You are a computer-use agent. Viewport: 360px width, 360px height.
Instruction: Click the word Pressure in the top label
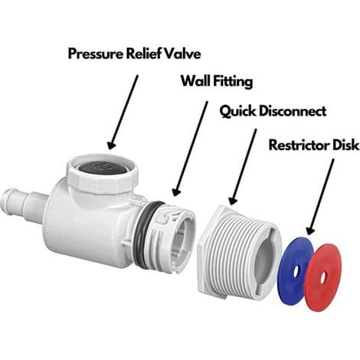click(x=96, y=54)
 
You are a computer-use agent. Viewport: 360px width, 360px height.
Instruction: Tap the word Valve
click(x=182, y=54)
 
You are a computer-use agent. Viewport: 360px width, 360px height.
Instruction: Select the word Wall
click(x=196, y=81)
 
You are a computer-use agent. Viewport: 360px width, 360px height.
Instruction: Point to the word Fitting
click(x=233, y=82)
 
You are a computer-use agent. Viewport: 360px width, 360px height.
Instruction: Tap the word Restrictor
click(x=299, y=145)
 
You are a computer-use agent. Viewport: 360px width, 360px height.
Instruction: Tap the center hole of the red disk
click(x=323, y=277)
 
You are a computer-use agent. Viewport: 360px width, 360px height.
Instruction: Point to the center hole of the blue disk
click(x=296, y=270)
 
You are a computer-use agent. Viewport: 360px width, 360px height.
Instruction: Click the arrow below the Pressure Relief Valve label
click(x=124, y=113)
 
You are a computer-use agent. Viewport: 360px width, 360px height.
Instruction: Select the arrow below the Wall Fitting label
click(x=190, y=149)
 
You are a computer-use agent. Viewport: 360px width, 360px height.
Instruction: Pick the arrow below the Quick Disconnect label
click(x=243, y=166)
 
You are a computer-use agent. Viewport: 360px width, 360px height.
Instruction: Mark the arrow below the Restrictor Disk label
click(x=320, y=197)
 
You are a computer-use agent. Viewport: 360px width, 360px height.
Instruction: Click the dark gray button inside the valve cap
click(x=103, y=168)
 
